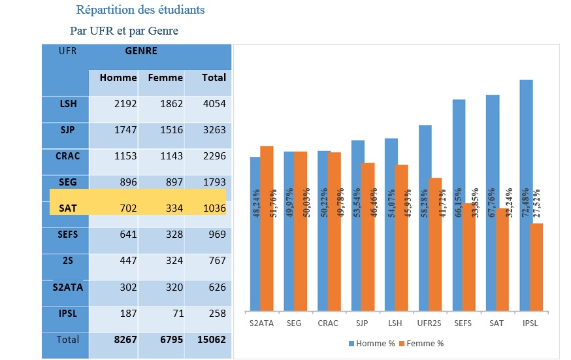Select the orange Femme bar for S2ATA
pos(267,229)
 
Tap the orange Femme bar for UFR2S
pos(435,244)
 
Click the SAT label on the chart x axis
pos(493,322)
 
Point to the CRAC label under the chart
pos(328,322)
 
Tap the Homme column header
pos(118,78)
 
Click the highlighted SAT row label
pos(68,208)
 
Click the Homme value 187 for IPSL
pos(125,313)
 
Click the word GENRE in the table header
pos(141,50)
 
